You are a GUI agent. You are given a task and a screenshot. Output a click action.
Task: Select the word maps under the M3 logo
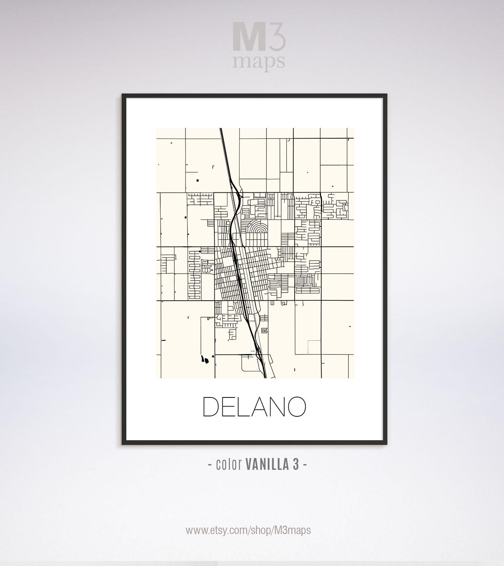(x=259, y=62)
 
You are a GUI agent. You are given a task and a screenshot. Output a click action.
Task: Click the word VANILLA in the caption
(x=267, y=464)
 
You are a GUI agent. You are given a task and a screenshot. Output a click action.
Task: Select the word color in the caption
(x=229, y=464)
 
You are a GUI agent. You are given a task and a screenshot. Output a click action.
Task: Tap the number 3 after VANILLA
(x=296, y=464)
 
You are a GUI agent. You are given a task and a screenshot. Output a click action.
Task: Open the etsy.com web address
(x=248, y=530)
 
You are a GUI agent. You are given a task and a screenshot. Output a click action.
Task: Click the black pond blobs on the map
(x=205, y=360)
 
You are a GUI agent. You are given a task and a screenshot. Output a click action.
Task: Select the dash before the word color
(x=210, y=465)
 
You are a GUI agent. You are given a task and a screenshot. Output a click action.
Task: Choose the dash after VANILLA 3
(x=305, y=465)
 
